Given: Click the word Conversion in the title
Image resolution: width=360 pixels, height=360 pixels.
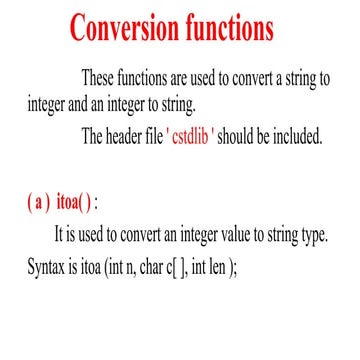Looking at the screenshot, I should point(131,29).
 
